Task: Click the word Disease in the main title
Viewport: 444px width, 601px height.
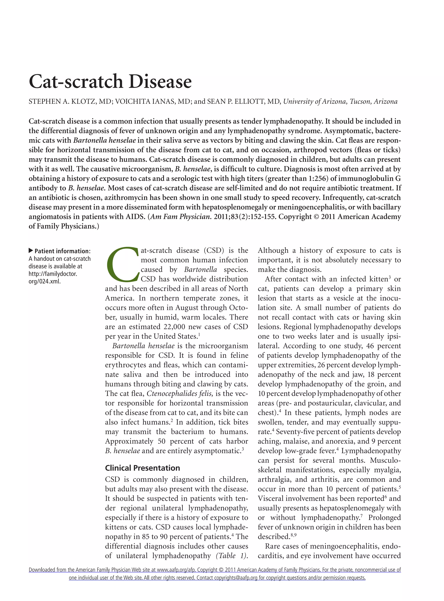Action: tap(160, 82)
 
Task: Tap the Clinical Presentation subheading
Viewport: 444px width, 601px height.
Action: tap(142, 468)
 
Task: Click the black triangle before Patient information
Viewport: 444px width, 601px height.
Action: tap(31, 251)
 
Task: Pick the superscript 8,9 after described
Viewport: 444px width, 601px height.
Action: tap(294, 535)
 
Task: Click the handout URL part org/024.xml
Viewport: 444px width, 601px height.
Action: tap(45, 281)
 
